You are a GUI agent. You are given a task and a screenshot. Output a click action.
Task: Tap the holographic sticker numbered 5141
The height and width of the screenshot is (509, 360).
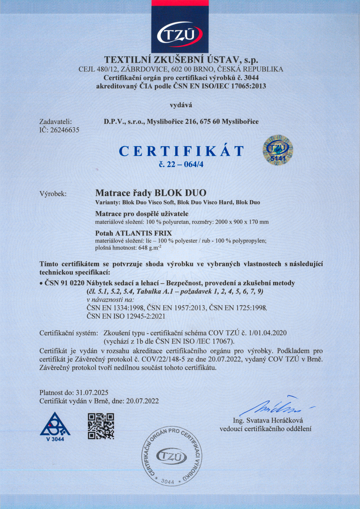[278, 151]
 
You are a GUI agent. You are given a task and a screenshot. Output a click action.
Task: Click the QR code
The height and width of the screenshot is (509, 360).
[101, 426]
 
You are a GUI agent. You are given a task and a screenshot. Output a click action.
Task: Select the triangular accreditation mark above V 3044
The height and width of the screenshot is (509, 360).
[55, 424]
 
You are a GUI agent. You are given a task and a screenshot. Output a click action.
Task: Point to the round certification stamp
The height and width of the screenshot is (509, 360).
[172, 456]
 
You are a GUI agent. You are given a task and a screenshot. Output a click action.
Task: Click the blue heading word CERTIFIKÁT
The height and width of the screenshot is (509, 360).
[181, 151]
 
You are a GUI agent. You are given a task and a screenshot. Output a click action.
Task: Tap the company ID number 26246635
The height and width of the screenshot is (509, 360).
[65, 130]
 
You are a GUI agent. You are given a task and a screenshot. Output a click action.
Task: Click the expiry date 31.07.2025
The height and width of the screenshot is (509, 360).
[92, 393]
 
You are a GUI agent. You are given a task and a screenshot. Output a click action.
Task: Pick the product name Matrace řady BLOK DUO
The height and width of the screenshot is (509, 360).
[151, 193]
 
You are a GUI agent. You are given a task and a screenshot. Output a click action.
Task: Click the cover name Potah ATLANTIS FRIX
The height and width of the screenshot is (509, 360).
[134, 233]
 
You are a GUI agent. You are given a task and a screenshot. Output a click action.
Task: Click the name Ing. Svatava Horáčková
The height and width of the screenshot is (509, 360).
[268, 420]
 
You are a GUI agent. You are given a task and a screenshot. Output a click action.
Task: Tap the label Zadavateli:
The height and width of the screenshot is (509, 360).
[55, 122]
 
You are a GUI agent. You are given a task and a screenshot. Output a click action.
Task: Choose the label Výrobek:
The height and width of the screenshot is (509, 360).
[53, 194]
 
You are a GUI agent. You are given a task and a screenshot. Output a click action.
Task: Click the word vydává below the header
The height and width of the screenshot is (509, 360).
[181, 105]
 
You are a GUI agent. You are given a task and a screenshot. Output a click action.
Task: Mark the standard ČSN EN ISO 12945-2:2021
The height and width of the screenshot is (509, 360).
[126, 316]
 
